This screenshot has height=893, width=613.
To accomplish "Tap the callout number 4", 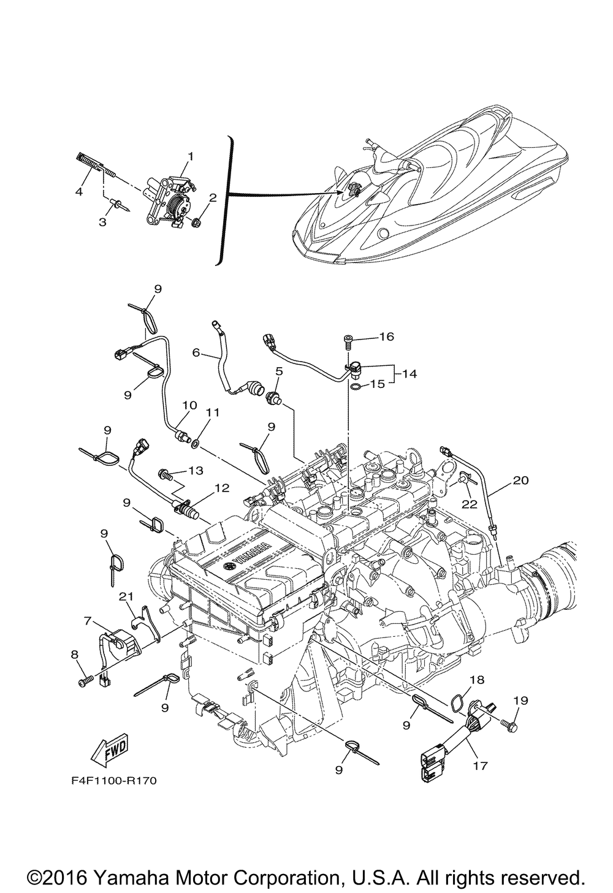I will click(79, 191).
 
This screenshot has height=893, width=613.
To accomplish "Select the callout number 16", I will click(387, 336).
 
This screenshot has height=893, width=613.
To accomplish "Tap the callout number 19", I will click(520, 700).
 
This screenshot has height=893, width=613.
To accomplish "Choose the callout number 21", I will click(126, 595).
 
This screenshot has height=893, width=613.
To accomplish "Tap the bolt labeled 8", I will click(85, 680).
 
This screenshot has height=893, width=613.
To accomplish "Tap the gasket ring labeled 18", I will click(456, 702).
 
